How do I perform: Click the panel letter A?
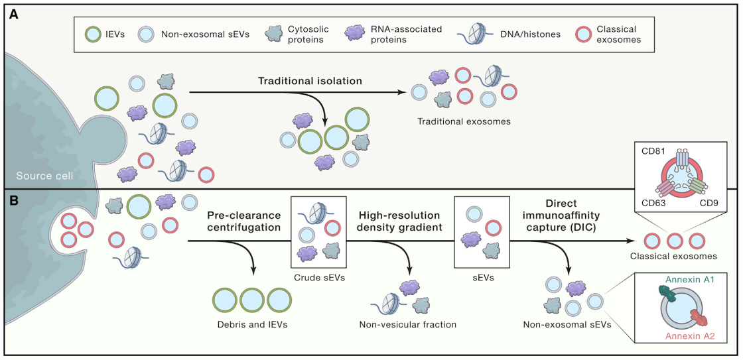tap(14, 15)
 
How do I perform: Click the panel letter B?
tap(14, 200)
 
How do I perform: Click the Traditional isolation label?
tap(310, 81)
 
